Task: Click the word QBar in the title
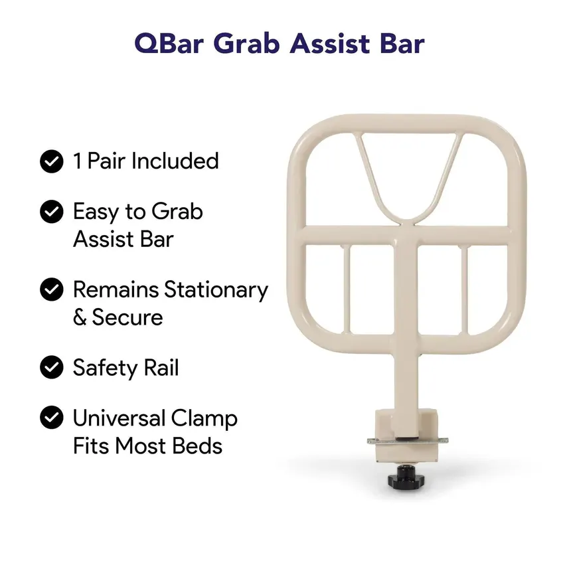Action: click(x=169, y=44)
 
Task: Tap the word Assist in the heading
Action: click(x=329, y=44)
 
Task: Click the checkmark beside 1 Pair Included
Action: click(x=52, y=161)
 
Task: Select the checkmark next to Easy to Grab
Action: click(x=52, y=212)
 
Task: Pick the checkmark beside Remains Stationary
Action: click(x=52, y=289)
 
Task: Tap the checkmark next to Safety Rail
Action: click(x=52, y=367)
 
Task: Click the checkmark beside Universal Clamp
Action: click(x=52, y=418)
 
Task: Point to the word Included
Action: click(x=175, y=161)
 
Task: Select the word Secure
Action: click(x=127, y=317)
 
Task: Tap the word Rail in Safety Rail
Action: click(x=161, y=367)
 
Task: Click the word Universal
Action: click(x=120, y=418)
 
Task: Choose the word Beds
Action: click(x=197, y=446)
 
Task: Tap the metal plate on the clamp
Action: click(x=408, y=441)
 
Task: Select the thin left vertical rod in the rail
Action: click(x=347, y=289)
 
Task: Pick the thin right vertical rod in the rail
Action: click(x=465, y=289)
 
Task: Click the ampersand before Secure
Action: click(x=80, y=317)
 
